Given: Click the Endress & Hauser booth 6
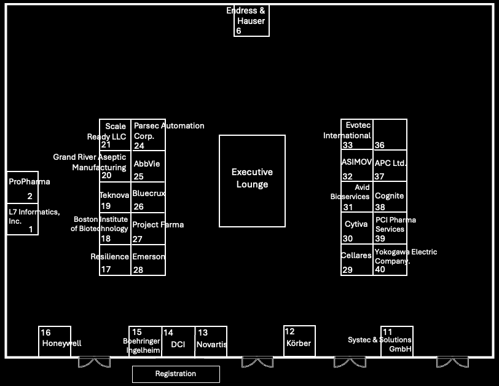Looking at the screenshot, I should click(251, 21).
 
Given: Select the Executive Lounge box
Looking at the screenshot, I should click(252, 181).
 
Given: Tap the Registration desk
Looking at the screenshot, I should click(176, 374).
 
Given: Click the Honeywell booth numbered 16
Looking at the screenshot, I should click(55, 341).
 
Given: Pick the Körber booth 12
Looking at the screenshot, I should click(299, 341).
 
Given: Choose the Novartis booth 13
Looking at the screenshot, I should click(211, 341).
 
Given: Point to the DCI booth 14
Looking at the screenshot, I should click(178, 341).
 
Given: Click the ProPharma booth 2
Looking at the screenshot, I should click(23, 187).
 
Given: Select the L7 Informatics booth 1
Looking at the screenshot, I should click(23, 219).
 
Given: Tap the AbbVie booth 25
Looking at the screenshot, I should click(148, 166).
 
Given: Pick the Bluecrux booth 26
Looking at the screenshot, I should click(148, 197).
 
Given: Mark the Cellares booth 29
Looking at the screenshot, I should click(357, 260).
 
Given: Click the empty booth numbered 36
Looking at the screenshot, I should click(390, 135).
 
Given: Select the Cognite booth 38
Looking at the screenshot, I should click(390, 197).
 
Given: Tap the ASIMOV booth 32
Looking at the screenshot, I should click(357, 166).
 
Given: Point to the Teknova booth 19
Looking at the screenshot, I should click(115, 197).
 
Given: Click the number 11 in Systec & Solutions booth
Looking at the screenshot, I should click(387, 332).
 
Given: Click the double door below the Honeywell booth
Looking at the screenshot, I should click(94, 362).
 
